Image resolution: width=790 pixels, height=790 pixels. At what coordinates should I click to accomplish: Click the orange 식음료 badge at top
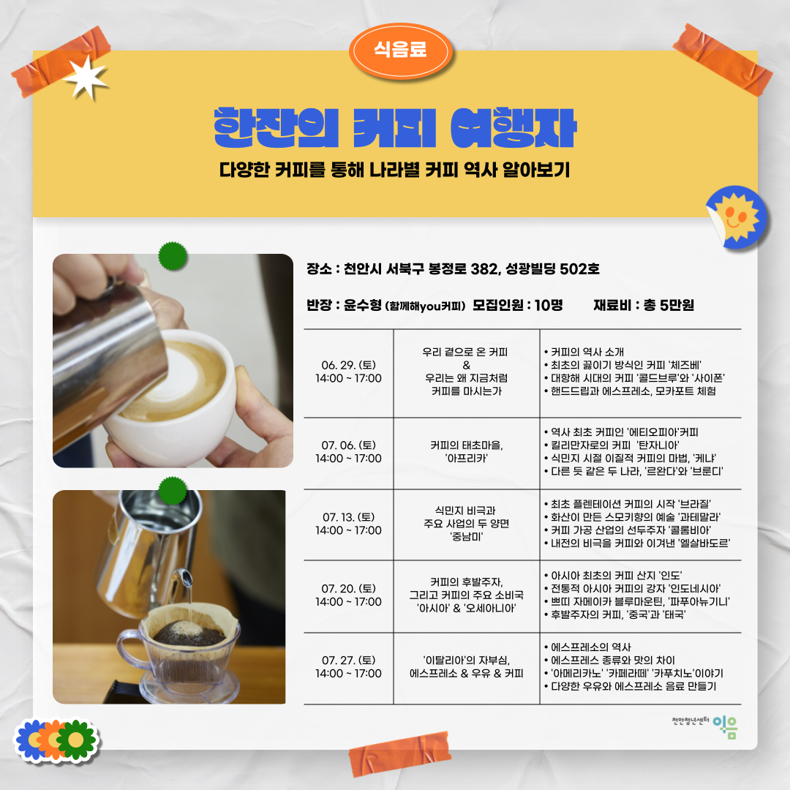tap(400, 50)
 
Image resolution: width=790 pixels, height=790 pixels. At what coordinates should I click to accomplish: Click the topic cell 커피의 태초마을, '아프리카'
tap(467, 451)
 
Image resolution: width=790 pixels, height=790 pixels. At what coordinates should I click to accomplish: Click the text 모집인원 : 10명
tap(518, 305)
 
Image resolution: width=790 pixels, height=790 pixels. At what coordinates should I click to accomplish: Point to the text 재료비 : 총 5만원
tap(644, 305)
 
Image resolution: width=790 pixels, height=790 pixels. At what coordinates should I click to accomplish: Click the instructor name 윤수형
tap(358, 305)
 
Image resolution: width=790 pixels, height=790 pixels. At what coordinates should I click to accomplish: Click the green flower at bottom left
tap(76, 739)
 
